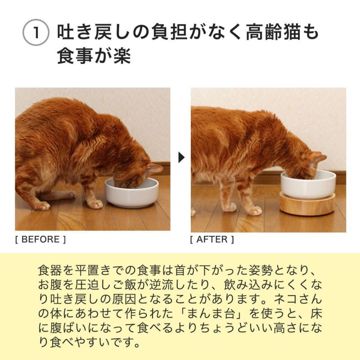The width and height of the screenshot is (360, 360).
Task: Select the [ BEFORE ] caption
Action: (40, 239)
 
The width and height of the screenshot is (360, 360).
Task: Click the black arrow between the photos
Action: (181, 157)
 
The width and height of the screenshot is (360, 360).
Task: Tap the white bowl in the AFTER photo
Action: (308, 184)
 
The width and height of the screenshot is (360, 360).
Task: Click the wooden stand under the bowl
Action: (307, 205)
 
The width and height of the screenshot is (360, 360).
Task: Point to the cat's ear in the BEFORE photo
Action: (154, 169)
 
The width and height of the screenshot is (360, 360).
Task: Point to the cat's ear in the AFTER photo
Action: (318, 158)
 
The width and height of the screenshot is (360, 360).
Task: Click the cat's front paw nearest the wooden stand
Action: (254, 210)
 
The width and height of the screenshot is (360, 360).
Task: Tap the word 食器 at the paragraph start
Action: (49, 271)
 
